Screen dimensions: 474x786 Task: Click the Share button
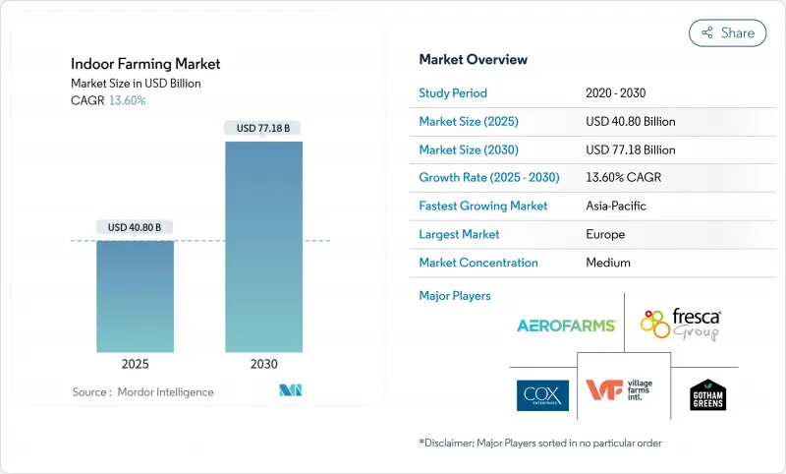(x=727, y=32)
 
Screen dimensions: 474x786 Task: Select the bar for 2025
(x=135, y=296)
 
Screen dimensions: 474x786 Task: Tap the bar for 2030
(x=263, y=246)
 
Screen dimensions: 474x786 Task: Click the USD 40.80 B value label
(x=135, y=227)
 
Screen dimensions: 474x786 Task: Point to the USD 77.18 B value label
(x=263, y=128)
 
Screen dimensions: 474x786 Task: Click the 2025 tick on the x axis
(x=135, y=364)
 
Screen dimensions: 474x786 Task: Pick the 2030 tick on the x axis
(x=263, y=364)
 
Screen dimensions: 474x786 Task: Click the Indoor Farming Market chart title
(x=145, y=64)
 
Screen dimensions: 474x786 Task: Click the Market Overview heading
(x=473, y=59)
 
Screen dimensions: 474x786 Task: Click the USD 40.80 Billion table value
(x=630, y=122)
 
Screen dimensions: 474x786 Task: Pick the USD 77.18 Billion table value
(x=630, y=150)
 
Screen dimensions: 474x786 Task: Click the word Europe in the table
(x=605, y=235)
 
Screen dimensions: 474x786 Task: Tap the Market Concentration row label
(x=478, y=263)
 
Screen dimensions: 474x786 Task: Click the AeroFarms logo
(x=566, y=326)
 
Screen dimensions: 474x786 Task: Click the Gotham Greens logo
(x=707, y=394)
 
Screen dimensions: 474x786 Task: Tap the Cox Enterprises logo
(x=542, y=395)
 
